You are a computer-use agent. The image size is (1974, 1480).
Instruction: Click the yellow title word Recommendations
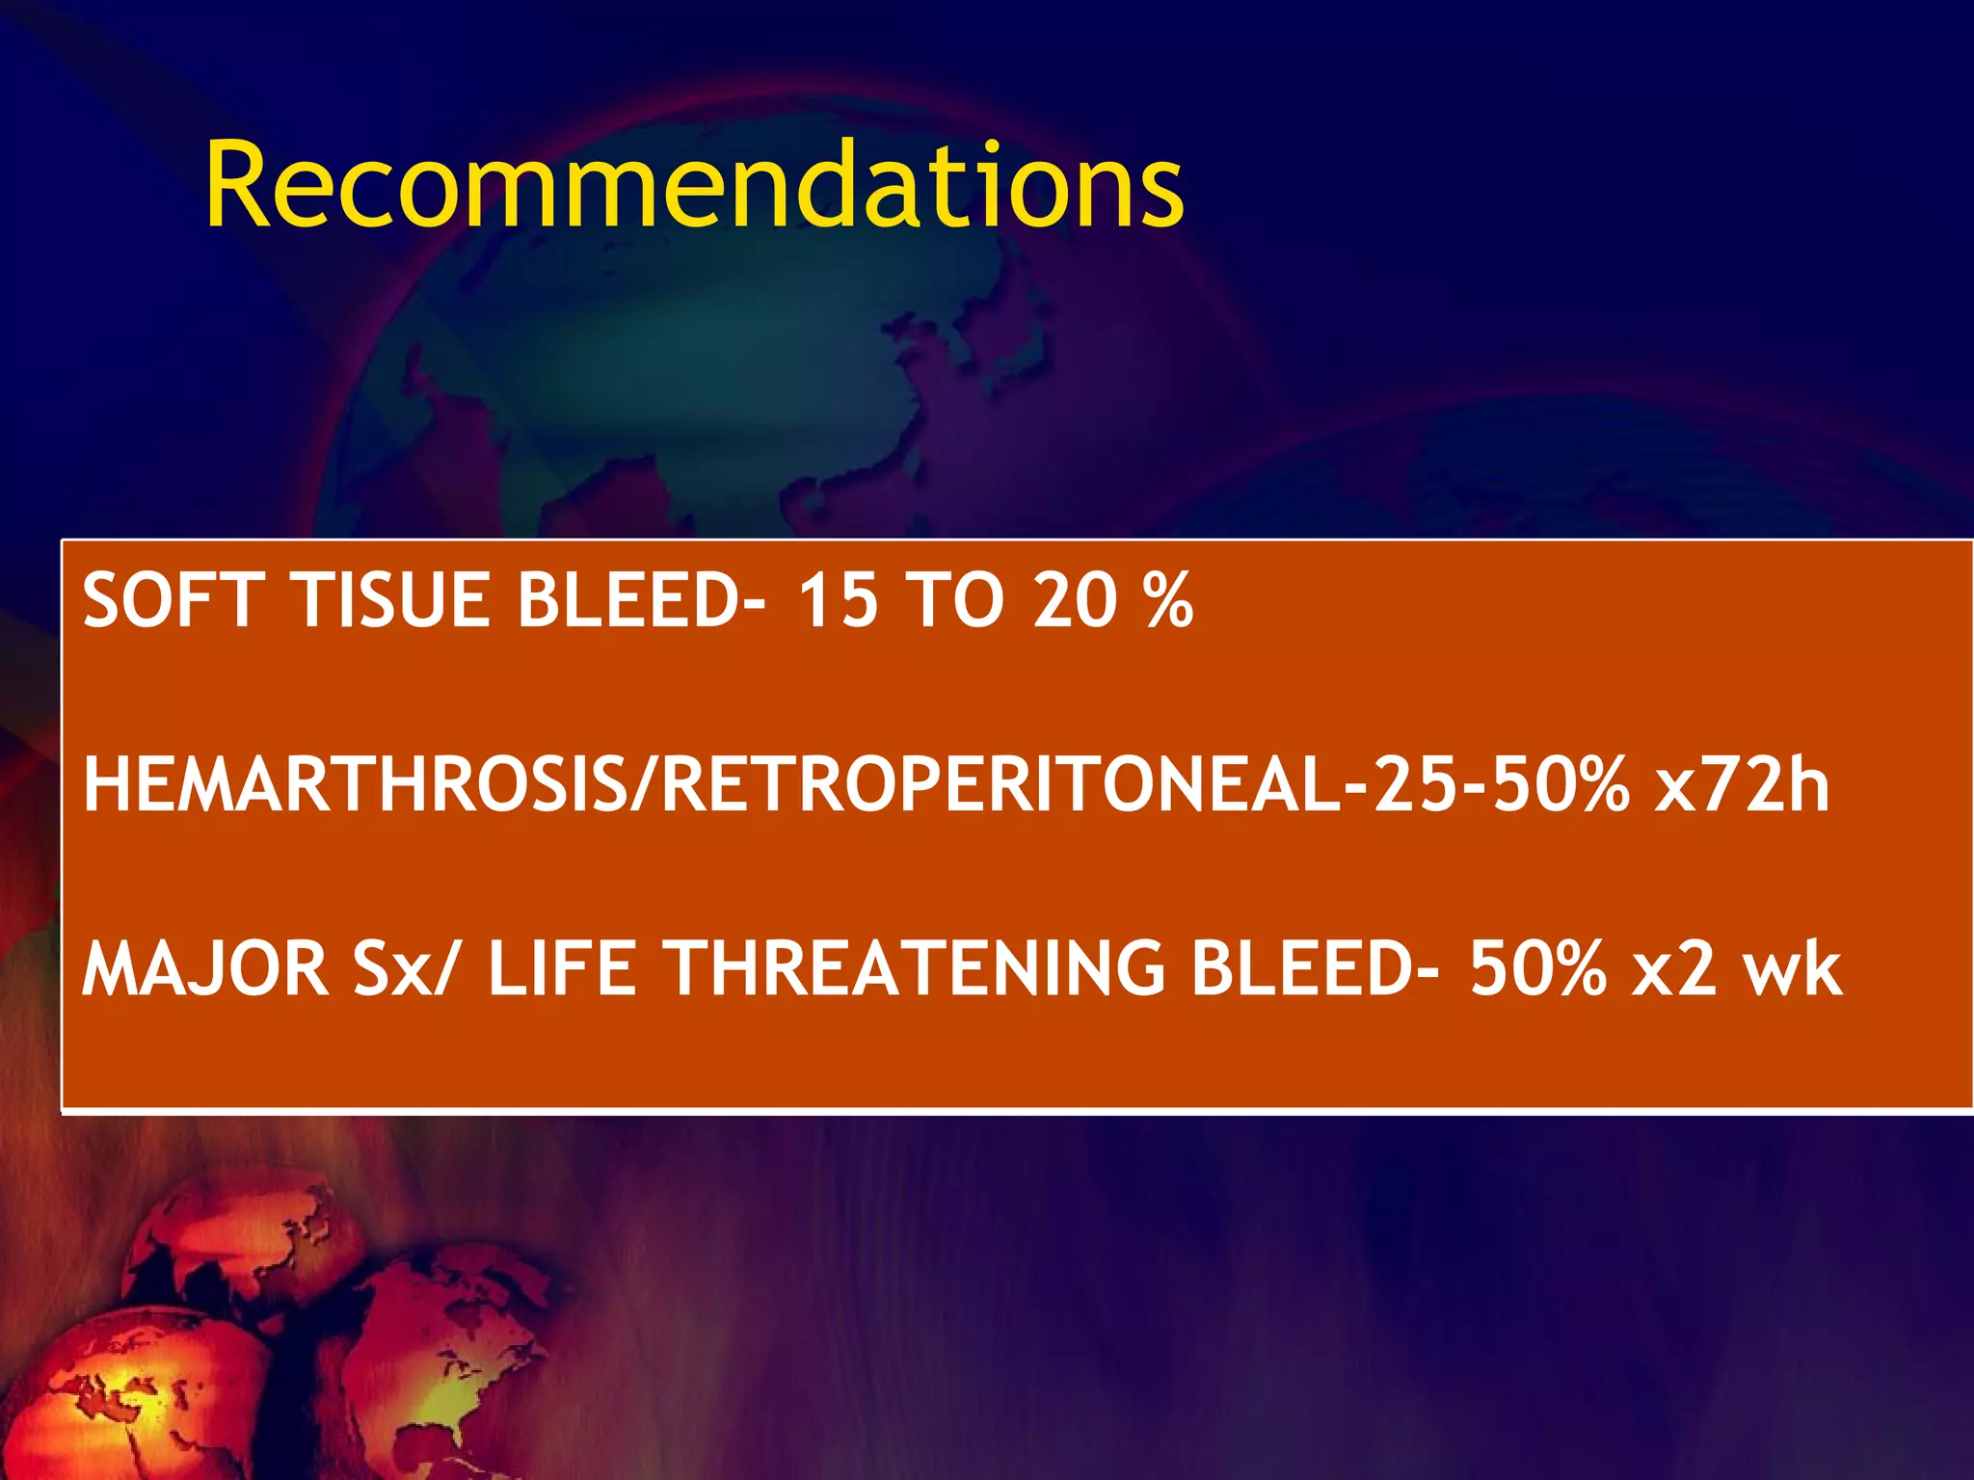[x=694, y=185]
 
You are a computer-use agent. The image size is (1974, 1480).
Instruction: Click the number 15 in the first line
[x=838, y=600]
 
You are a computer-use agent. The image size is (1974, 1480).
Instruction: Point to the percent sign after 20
[x=1169, y=600]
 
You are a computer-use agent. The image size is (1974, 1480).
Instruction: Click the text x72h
[x=1741, y=785]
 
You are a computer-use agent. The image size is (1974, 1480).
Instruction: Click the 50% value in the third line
[x=1536, y=968]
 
